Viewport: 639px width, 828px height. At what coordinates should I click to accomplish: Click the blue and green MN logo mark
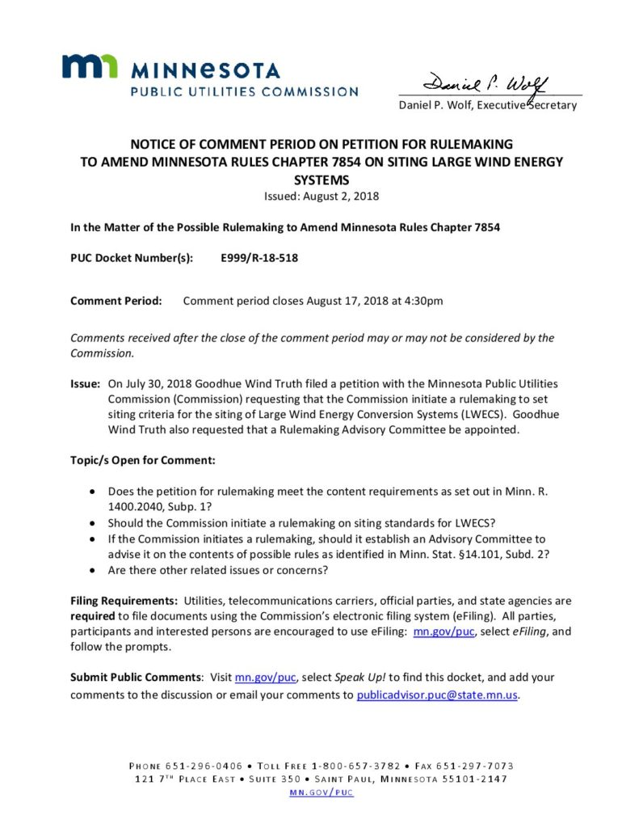[90, 66]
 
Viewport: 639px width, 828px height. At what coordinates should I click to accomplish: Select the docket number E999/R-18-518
[253, 259]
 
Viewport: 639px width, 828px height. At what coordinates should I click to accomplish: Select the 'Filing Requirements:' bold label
[124, 601]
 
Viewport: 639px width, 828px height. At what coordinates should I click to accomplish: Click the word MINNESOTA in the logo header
[205, 70]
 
